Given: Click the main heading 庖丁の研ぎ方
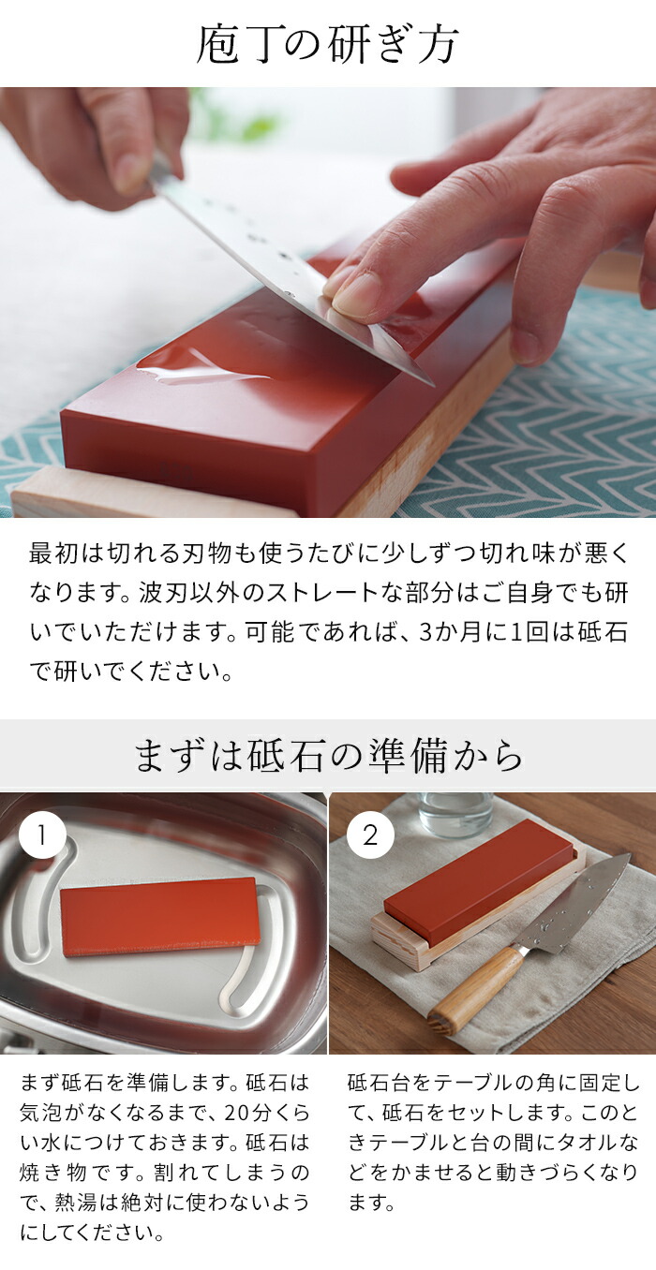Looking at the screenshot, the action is coord(327,44).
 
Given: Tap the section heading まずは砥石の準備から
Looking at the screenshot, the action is coord(328,757).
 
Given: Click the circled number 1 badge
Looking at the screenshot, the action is coord(42,835).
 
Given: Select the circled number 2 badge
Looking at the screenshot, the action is coord(370,835).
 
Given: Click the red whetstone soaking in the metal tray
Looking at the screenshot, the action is coord(160,916).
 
